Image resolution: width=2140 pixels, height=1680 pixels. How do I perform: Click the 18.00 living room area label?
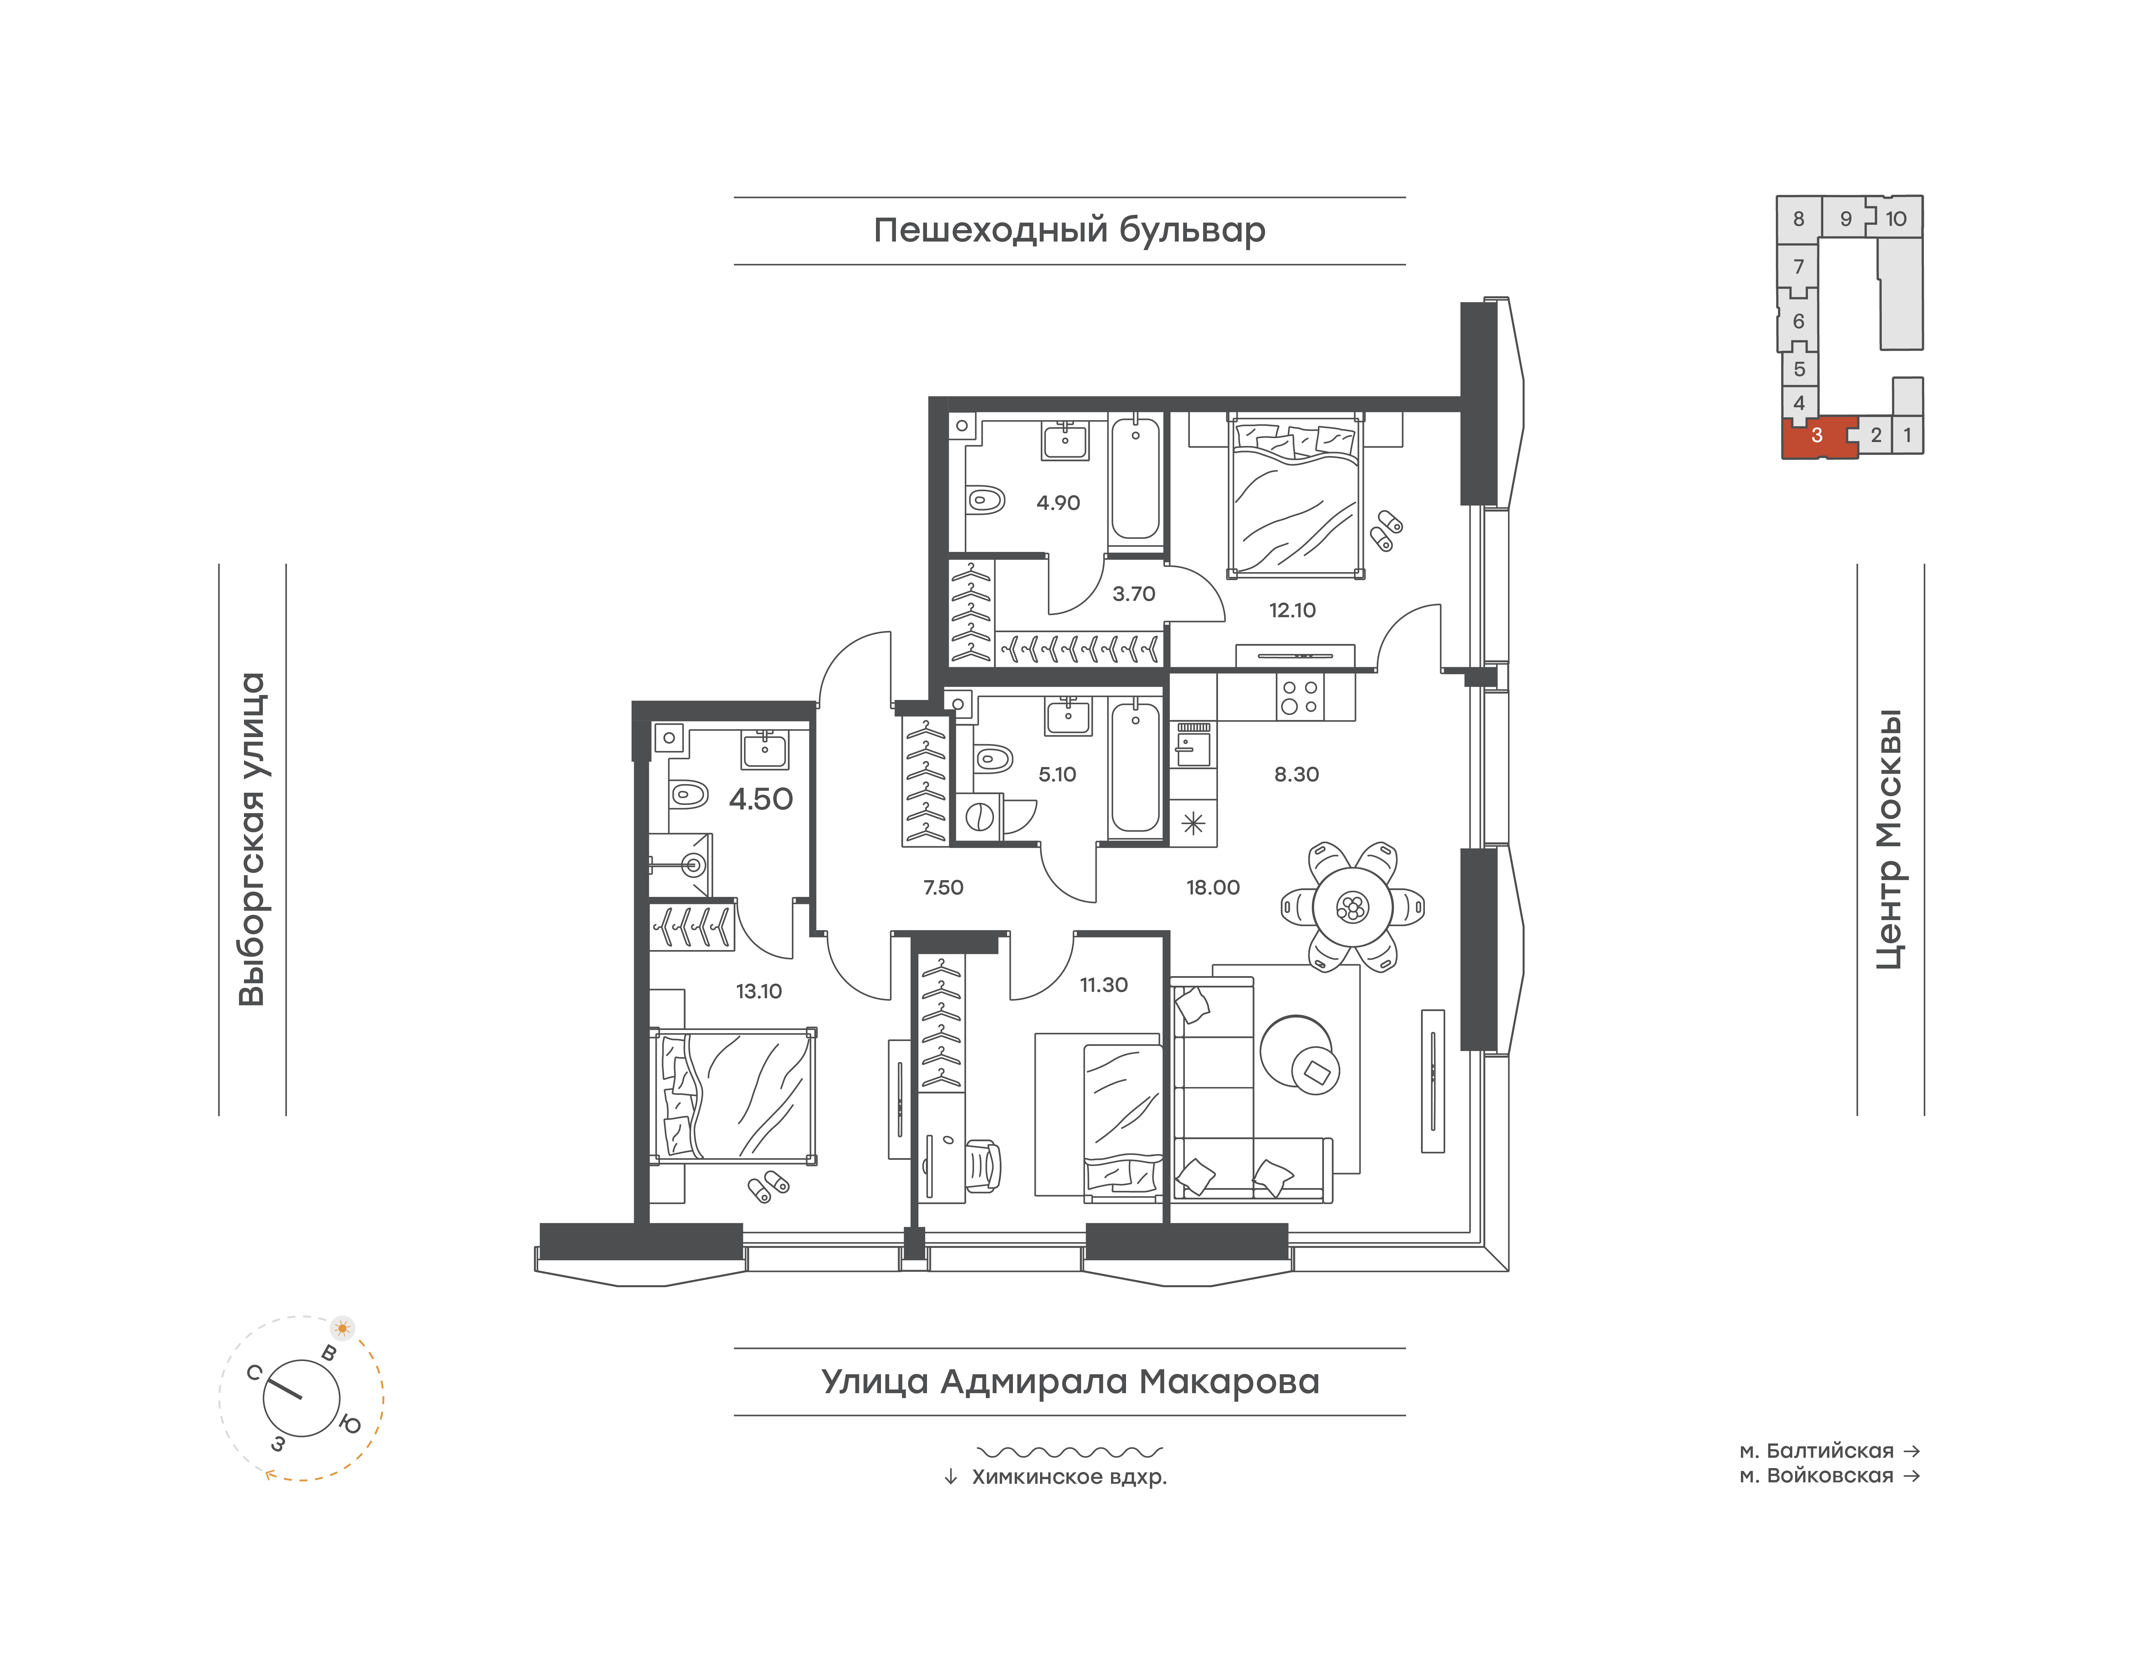click(1213, 887)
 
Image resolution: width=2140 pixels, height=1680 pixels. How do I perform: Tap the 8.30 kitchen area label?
click(1296, 774)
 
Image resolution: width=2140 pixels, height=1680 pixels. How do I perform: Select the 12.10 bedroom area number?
click(1291, 610)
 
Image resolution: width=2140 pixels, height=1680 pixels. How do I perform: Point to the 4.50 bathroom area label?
click(760, 799)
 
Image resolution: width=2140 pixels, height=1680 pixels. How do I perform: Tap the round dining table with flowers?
click(1352, 907)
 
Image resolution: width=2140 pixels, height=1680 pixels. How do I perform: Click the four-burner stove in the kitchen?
click(1299, 696)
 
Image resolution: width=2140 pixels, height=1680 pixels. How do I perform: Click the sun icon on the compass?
click(342, 1328)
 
